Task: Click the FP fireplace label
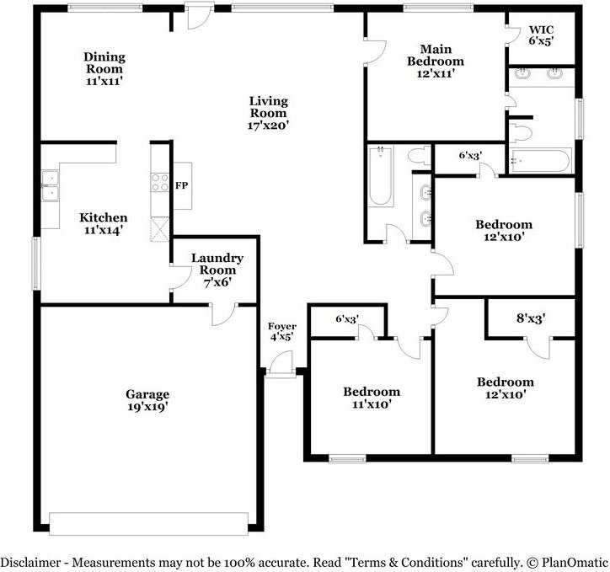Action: coord(181,185)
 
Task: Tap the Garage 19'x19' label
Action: coord(147,400)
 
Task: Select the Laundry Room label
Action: coord(217,264)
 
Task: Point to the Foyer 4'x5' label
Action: coord(282,332)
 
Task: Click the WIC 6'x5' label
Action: coord(541,35)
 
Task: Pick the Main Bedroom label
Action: coord(436,56)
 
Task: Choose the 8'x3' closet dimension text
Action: coord(531,318)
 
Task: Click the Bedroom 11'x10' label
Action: coord(372,398)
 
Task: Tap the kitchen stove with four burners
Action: coord(160,182)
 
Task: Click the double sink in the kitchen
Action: coord(51,186)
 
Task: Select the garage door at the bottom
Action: coord(148,524)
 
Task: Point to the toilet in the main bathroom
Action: coord(520,132)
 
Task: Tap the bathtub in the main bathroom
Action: coord(541,161)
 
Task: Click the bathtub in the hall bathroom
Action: coord(381,176)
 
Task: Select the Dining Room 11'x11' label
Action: coord(104,69)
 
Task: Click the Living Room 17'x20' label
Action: coord(269,113)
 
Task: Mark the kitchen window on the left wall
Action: coord(36,263)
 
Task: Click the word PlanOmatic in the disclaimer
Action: coord(575,562)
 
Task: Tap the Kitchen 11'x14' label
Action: coord(104,223)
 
